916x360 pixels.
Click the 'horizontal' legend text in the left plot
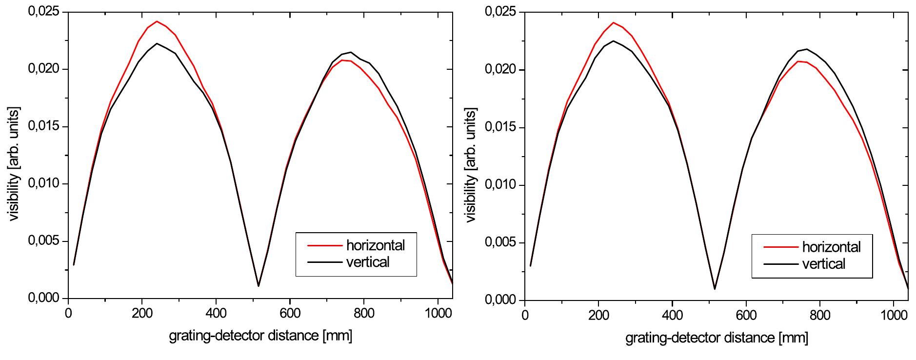(375, 245)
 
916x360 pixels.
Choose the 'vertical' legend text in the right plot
(823, 264)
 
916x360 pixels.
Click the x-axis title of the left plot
(260, 336)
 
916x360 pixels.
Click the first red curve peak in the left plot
(157, 21)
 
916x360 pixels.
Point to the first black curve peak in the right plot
(613, 41)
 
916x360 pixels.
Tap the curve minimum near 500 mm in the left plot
(259, 286)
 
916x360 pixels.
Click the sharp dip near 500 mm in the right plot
(715, 289)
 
